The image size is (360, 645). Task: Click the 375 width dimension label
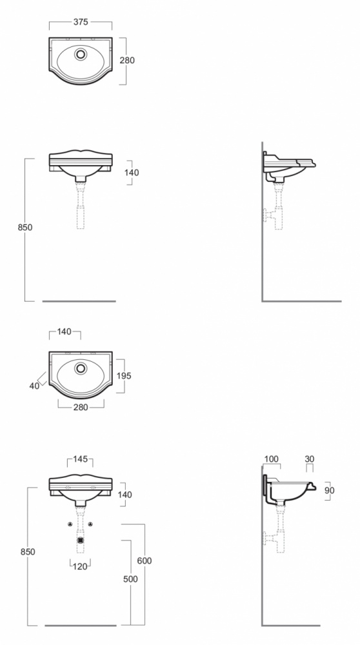pos(81,22)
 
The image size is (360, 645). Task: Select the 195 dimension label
pos(124,376)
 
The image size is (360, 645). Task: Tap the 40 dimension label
pos(34,386)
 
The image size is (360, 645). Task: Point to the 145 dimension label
pos(80,459)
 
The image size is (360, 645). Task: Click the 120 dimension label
pos(80,566)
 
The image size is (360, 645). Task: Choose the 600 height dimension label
pos(144,561)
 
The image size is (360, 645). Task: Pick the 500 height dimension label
pos(130,579)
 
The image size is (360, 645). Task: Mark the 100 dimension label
pos(271,459)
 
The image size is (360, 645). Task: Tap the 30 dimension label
pos(310,459)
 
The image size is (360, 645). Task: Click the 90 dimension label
pos(330,490)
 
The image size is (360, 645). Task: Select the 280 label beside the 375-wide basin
pos(127,61)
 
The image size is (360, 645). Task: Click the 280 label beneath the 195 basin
pos(81,407)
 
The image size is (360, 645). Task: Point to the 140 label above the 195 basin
pos(64,332)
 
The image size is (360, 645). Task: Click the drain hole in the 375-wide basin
pos(81,54)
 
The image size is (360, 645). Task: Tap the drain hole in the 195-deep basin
pos(81,368)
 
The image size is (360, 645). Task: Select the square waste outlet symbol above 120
pos(80,540)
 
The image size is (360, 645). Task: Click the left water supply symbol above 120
pos(70,524)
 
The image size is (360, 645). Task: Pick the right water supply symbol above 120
pos(90,524)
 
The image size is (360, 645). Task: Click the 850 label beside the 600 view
pos(28,552)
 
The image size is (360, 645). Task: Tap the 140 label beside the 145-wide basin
pos(125,495)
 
